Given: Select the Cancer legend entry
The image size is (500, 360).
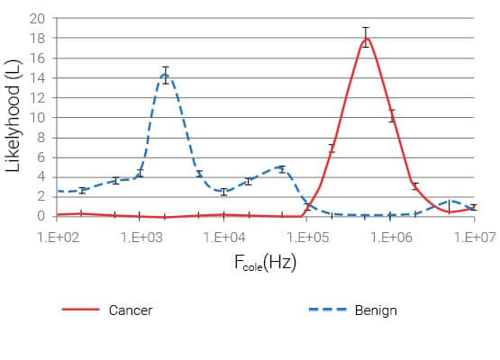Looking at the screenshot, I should coord(130,310).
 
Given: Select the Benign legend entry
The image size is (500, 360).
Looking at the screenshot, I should coord(375,310).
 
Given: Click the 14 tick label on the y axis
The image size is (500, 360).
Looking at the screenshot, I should coord(38,77).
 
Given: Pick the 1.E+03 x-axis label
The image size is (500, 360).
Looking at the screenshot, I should coord(141,237).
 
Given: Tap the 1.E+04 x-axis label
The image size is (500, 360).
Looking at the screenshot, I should coord(224,237).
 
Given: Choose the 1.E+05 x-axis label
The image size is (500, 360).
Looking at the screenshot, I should coord(308,237).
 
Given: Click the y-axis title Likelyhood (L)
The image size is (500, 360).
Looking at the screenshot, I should coord(14,117).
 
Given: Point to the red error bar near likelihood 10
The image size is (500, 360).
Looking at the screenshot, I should coord(392,115).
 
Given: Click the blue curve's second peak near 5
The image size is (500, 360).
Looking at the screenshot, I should coord(281,168).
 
